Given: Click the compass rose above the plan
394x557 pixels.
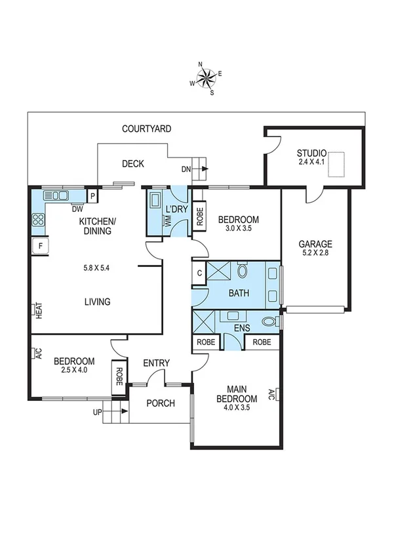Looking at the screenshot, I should click(x=206, y=79).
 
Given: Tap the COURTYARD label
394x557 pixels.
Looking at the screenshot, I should click(x=147, y=129).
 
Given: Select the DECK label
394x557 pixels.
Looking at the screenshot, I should click(x=133, y=164).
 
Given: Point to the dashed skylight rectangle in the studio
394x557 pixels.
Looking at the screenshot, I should click(x=338, y=163).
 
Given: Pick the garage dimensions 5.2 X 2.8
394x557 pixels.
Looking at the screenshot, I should click(x=316, y=253).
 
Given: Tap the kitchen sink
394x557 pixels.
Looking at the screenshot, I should click(x=56, y=196).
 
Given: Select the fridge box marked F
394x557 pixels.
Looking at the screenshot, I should click(x=41, y=247).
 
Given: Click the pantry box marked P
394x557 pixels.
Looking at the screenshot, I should click(x=93, y=196).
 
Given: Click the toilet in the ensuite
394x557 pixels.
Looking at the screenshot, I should click(x=269, y=321).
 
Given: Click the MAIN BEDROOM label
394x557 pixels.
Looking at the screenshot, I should click(x=237, y=394).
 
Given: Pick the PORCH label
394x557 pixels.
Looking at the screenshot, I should click(x=160, y=403).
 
